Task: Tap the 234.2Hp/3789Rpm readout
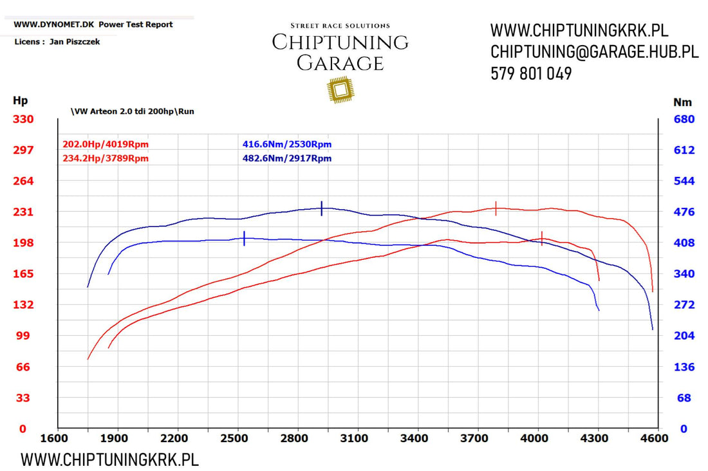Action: click(x=106, y=158)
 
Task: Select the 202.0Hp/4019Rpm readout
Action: click(x=106, y=144)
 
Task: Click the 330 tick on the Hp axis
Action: click(x=24, y=119)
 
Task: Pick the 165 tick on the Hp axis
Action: click(x=24, y=273)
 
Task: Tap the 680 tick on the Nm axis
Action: click(x=683, y=119)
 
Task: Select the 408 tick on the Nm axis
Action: click(x=683, y=243)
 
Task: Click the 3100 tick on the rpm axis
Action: click(x=353, y=439)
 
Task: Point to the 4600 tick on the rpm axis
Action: click(x=654, y=439)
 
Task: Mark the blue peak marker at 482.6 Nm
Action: click(x=321, y=208)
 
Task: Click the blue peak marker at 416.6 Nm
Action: click(x=245, y=238)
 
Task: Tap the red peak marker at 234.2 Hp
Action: click(x=496, y=208)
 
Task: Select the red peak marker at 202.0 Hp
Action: click(x=542, y=238)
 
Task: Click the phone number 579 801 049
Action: click(x=531, y=74)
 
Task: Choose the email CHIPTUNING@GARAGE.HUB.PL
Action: click(x=594, y=52)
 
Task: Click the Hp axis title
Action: click(x=20, y=100)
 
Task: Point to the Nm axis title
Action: click(x=682, y=102)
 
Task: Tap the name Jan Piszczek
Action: click(x=75, y=42)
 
